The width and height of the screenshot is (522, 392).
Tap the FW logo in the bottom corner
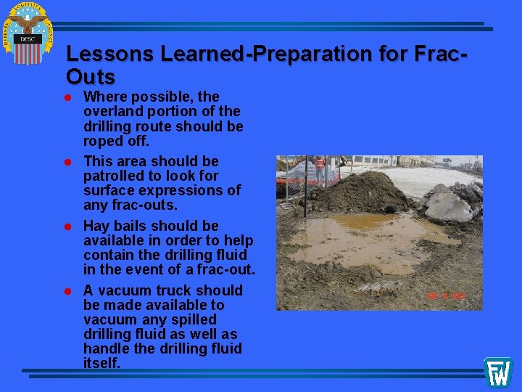(x=498, y=372)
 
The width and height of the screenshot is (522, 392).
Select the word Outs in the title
(x=90, y=76)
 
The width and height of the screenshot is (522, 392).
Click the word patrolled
(x=112, y=176)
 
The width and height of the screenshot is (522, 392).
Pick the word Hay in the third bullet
(x=96, y=226)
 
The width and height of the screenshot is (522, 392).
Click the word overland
(x=114, y=111)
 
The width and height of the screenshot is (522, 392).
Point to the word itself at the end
(x=101, y=363)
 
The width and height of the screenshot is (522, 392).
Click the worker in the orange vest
(x=319, y=169)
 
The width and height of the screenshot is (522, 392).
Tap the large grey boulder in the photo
(x=448, y=205)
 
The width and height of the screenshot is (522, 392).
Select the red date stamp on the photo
(x=445, y=295)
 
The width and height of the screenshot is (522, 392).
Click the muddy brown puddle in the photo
(x=362, y=240)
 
